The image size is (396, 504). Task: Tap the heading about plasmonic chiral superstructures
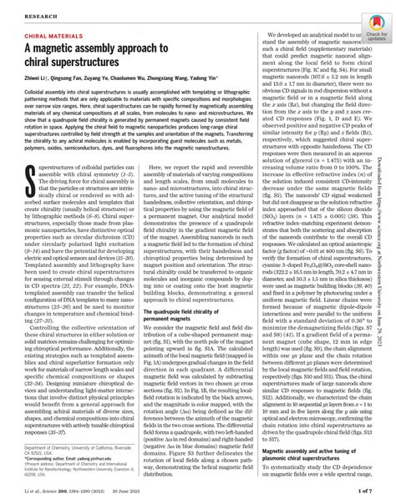pyautogui.click(x=314, y=453)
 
